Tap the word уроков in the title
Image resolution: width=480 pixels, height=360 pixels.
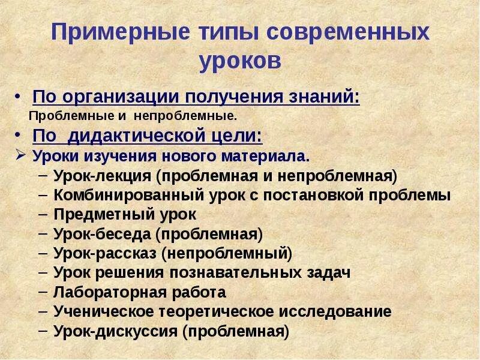240,61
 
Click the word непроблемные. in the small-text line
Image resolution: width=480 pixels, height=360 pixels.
185,114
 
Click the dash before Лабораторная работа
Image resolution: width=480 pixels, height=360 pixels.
44,292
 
